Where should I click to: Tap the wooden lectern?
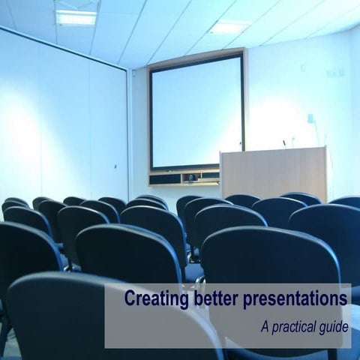[x=274, y=172]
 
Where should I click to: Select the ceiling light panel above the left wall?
[x=76, y=17]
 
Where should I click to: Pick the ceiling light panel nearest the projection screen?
[x=229, y=27]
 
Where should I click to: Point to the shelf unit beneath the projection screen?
[x=184, y=177]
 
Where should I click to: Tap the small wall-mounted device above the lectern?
[x=310, y=118]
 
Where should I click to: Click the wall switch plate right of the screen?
[x=331, y=73]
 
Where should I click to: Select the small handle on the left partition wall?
[x=115, y=166]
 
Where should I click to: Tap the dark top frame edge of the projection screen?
[x=196, y=54]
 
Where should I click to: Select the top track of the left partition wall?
[x=64, y=45]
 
